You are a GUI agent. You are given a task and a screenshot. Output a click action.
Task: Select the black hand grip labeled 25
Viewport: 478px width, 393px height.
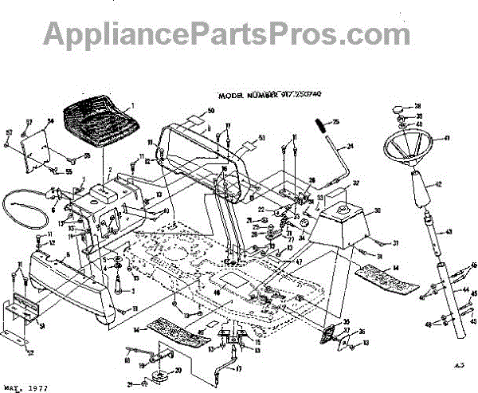319,126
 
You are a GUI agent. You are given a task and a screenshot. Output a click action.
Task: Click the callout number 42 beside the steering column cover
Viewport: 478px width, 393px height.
437,183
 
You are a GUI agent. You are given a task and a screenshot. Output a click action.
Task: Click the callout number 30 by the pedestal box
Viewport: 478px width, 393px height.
377,211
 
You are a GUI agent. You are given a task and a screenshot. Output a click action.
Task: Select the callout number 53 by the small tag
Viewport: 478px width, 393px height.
262,138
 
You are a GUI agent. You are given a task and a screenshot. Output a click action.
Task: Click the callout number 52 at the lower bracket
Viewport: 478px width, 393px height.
30,352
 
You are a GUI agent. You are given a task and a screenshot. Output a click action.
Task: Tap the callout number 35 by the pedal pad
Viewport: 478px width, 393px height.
346,322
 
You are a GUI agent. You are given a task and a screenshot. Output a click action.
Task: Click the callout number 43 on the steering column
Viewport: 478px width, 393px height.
449,232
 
